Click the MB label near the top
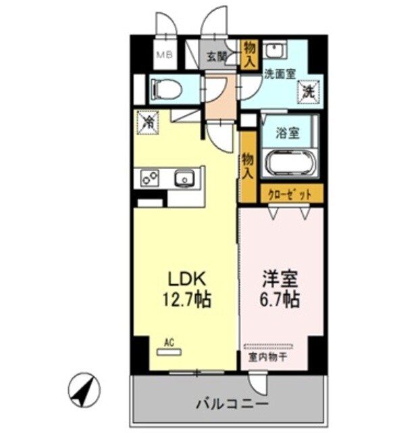click(x=164, y=55)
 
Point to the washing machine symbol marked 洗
click(x=307, y=89)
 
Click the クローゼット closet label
click(x=287, y=194)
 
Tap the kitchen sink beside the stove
click(x=184, y=179)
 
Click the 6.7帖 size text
click(x=278, y=298)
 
